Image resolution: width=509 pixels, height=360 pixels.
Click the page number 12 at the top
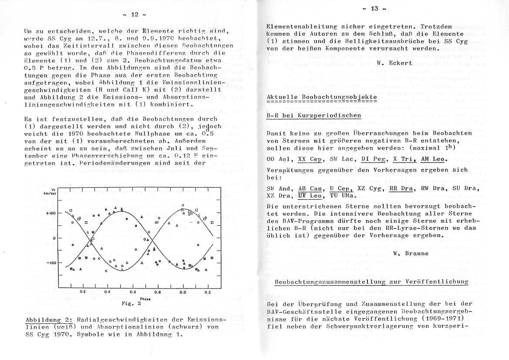coord(131,14)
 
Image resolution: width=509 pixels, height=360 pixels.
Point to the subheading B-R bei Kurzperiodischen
coord(313,115)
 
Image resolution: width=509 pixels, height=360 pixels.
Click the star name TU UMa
coord(340,195)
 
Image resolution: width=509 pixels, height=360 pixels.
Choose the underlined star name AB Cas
coord(309,189)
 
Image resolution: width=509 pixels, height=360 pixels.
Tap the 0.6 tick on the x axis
coord(133,292)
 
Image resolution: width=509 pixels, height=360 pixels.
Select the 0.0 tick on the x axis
coord(182,292)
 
